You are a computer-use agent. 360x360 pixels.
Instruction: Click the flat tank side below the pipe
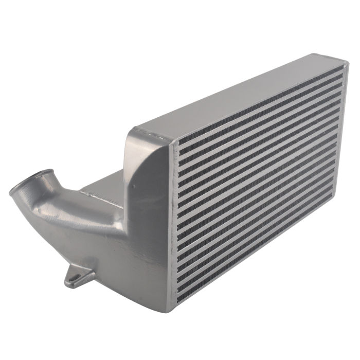pyautogui.click(x=134, y=267)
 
